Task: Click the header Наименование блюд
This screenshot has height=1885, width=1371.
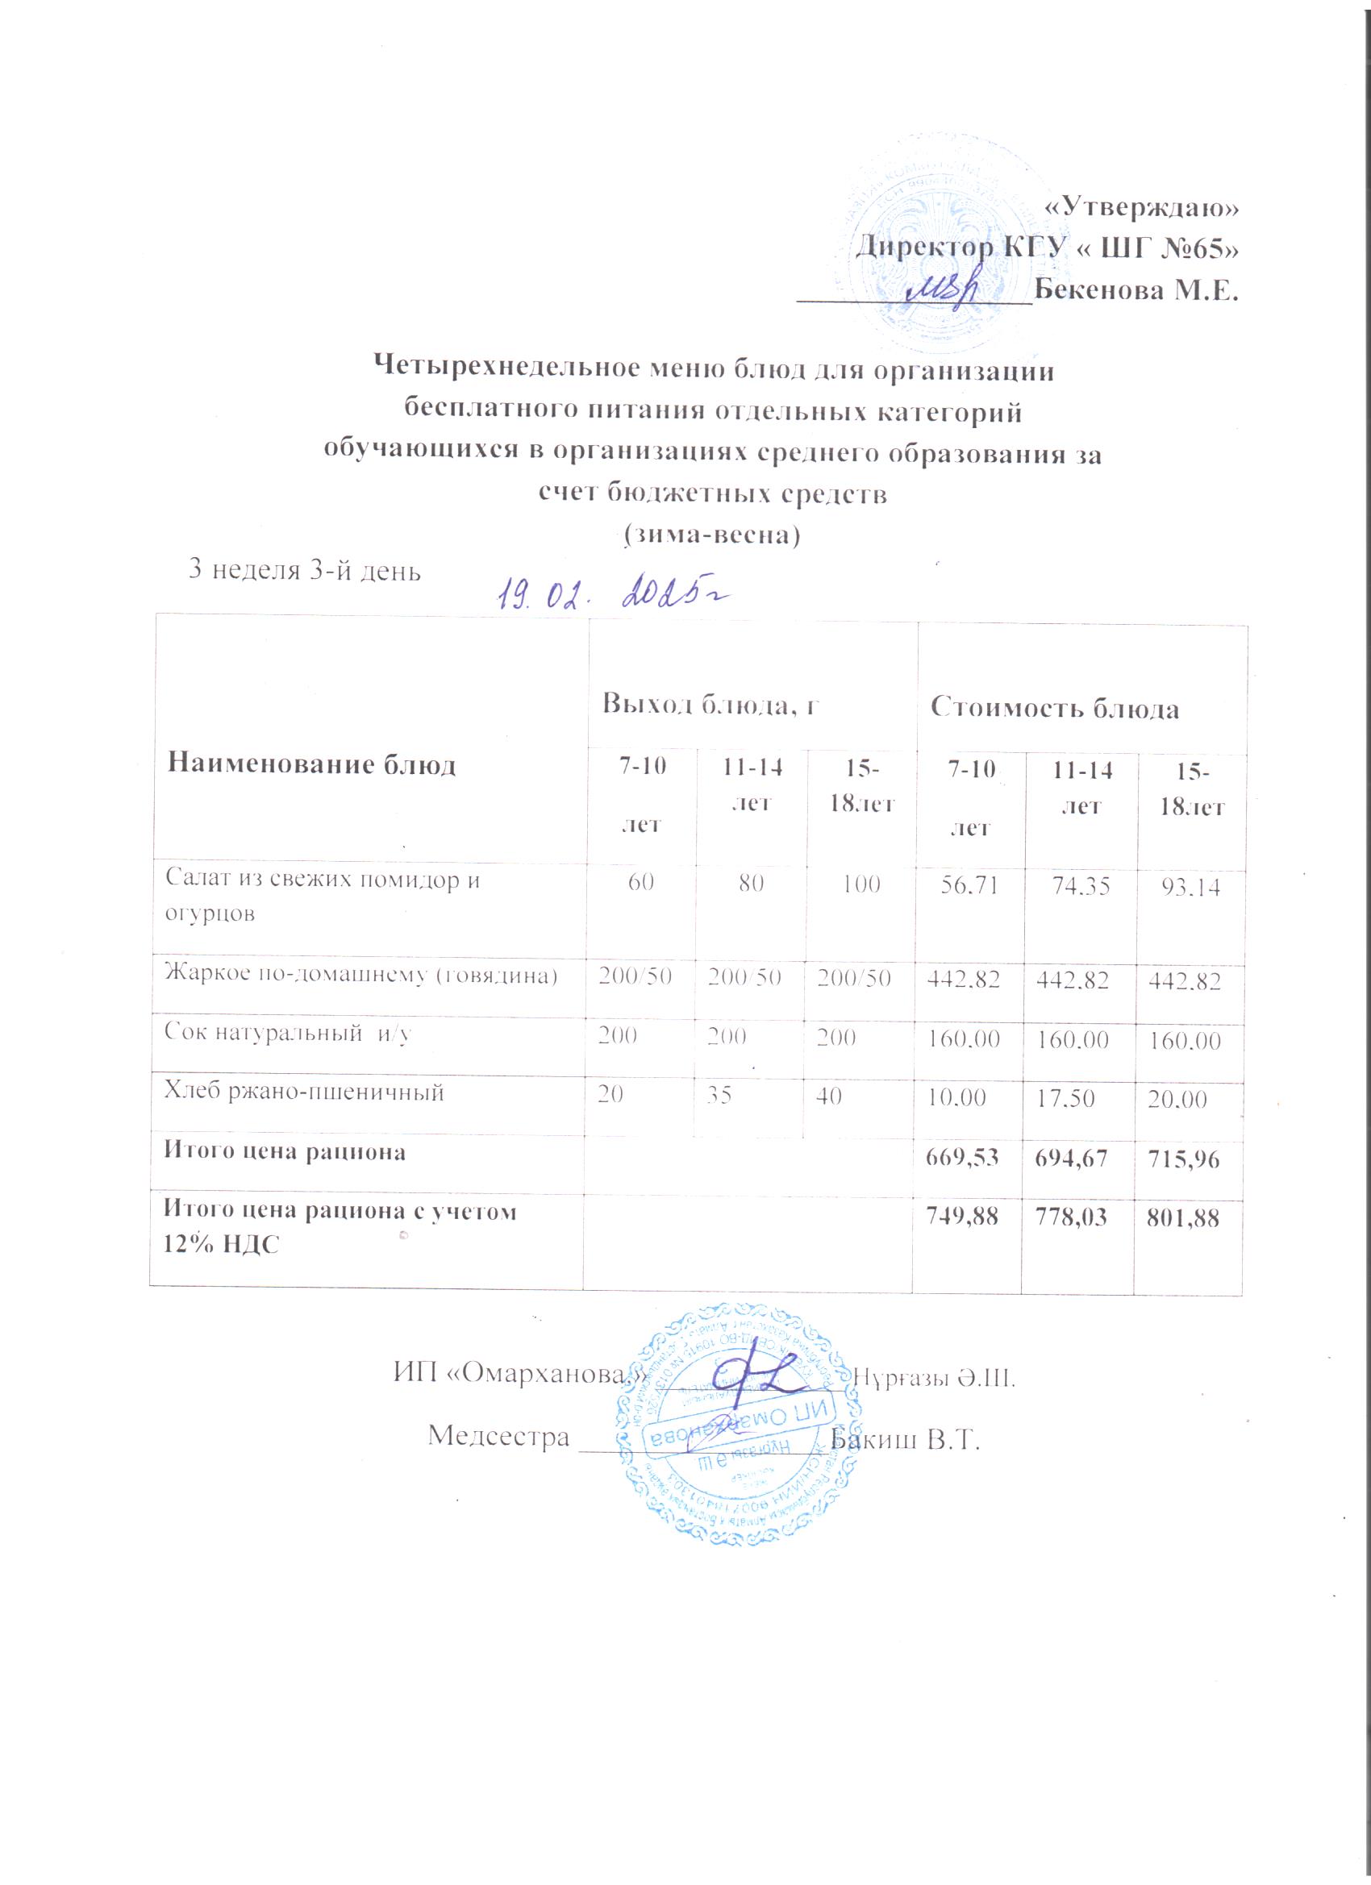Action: coord(312,765)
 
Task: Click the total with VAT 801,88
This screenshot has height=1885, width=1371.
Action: coord(1190,1218)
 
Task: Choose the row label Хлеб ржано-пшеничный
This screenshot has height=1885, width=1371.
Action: coord(304,1093)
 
